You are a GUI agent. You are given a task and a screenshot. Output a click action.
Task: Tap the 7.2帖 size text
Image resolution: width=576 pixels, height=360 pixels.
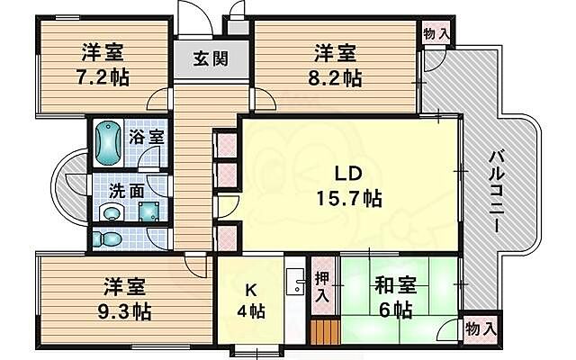pyautogui.click(x=101, y=76)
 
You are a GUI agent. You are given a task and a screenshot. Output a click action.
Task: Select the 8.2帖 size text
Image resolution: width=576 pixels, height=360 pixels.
pyautogui.click(x=334, y=78)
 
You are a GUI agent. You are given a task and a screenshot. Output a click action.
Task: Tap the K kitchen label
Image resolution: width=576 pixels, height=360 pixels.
pyautogui.click(x=253, y=291)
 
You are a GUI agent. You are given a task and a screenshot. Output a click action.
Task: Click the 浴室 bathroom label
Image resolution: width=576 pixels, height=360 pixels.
pyautogui.click(x=146, y=138)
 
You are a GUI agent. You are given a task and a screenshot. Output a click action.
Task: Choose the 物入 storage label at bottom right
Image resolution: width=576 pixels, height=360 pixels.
pyautogui.click(x=479, y=329)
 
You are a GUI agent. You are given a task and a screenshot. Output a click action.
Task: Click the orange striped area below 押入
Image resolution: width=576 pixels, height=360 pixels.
pyautogui.click(x=323, y=335)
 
